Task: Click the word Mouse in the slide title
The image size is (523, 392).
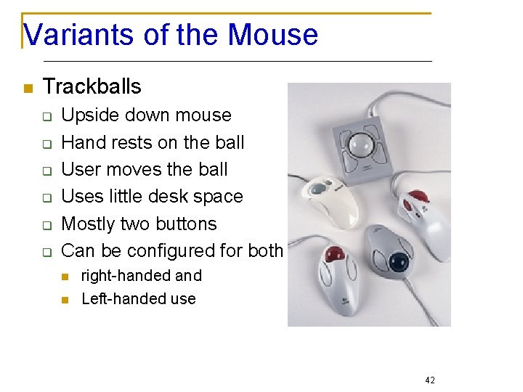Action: (x=272, y=34)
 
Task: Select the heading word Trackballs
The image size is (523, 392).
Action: (x=92, y=87)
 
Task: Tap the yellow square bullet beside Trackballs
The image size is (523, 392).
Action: (x=28, y=89)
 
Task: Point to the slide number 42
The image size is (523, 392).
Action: (x=430, y=380)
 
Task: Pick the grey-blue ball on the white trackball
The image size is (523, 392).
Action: (x=320, y=188)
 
